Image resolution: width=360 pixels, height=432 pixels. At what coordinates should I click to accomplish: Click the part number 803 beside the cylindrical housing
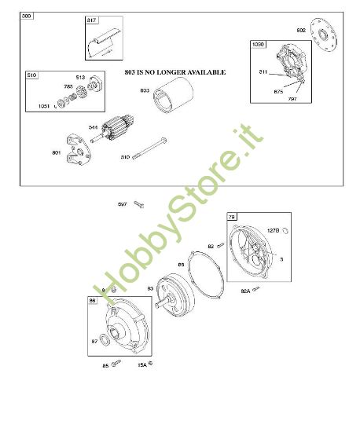pyautogui.click(x=145, y=90)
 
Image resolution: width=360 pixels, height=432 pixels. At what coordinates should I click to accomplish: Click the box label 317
pyautogui.click(x=91, y=21)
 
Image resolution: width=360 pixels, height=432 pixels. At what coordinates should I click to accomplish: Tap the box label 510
pyautogui.click(x=31, y=75)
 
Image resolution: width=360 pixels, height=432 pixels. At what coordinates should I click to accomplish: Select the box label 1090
pyautogui.click(x=259, y=45)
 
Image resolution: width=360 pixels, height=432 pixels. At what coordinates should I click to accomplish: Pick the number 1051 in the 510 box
pyautogui.click(x=43, y=106)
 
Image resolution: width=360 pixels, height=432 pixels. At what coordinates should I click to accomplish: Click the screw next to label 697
pyautogui.click(x=138, y=204)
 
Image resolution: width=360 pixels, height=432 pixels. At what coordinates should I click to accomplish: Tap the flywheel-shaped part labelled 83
pyautogui.click(x=174, y=295)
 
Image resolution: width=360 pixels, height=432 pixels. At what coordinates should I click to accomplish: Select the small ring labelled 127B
pyautogui.click(x=287, y=230)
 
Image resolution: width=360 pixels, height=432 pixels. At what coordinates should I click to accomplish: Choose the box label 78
pyautogui.click(x=231, y=216)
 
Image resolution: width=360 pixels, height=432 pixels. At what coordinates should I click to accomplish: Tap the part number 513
pyautogui.click(x=79, y=78)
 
